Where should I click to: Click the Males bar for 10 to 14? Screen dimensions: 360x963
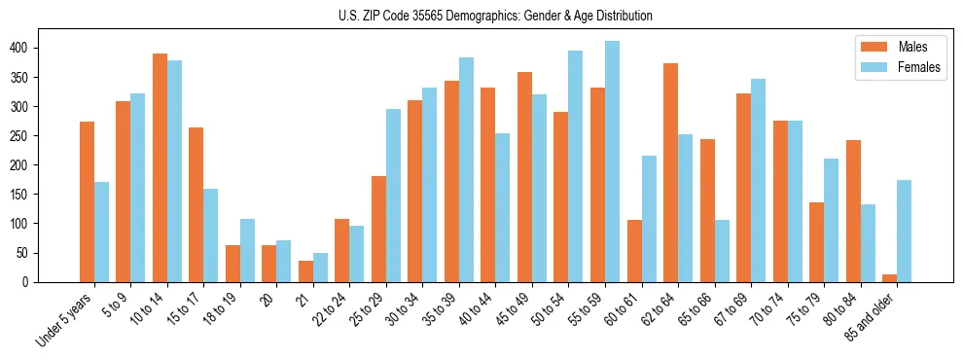(x=160, y=167)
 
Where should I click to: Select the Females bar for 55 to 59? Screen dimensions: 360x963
(x=613, y=162)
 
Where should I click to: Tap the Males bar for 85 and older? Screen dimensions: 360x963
(x=889, y=278)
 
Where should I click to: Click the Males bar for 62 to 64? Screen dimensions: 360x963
(x=671, y=172)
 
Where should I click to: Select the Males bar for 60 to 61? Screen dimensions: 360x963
(x=634, y=251)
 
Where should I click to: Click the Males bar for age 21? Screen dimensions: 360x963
(x=305, y=271)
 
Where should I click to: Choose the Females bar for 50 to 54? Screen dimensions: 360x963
(x=576, y=166)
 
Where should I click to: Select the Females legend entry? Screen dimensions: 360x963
(x=899, y=68)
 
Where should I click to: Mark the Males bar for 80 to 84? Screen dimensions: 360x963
(x=853, y=211)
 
